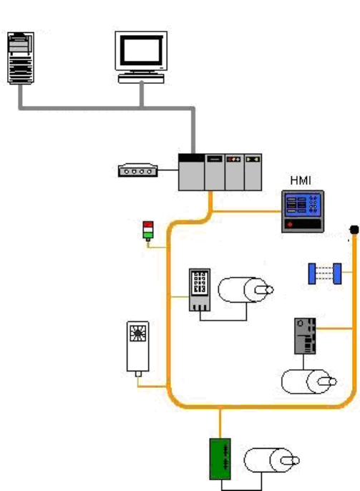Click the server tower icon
(x=21, y=58)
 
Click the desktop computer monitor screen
(x=142, y=50)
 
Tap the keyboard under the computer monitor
(x=141, y=79)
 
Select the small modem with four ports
(x=137, y=170)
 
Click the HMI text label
(x=301, y=180)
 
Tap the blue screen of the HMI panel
(x=303, y=205)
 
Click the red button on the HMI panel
(x=290, y=224)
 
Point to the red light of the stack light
(x=148, y=224)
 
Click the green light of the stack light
(x=148, y=235)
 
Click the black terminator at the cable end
(x=354, y=230)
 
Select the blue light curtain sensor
(x=325, y=273)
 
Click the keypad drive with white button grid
(x=200, y=290)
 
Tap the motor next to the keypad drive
(x=245, y=290)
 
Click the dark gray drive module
(x=305, y=336)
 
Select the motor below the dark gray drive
(x=309, y=381)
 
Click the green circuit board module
(x=220, y=459)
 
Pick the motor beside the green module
(x=271, y=460)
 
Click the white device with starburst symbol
(x=137, y=346)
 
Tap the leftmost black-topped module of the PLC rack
(x=191, y=172)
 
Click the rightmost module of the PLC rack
(x=253, y=172)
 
